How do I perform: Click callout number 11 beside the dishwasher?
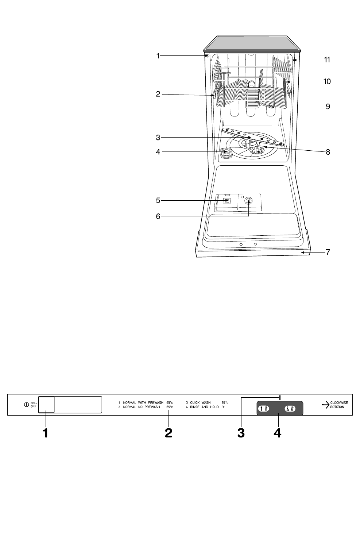(x=327, y=59)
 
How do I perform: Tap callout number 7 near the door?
(x=328, y=252)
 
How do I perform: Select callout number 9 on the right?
(x=328, y=107)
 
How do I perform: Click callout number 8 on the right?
(x=328, y=152)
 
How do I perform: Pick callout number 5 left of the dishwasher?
(x=158, y=200)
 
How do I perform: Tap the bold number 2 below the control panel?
(x=169, y=433)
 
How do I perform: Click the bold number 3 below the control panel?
(x=241, y=433)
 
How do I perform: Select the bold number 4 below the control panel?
(x=278, y=433)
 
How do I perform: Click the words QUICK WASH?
(x=200, y=402)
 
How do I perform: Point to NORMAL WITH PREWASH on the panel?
(x=143, y=402)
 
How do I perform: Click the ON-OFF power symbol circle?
(x=26, y=405)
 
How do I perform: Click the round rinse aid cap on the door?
(x=249, y=200)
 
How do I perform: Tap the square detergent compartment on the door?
(x=227, y=201)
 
